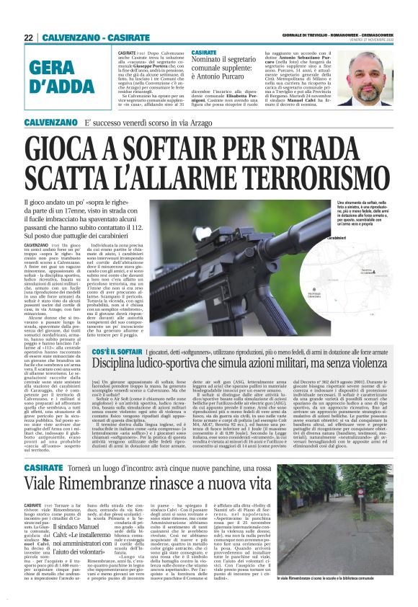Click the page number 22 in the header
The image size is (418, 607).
[28, 37]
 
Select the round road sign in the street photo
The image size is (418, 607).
[375, 497]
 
